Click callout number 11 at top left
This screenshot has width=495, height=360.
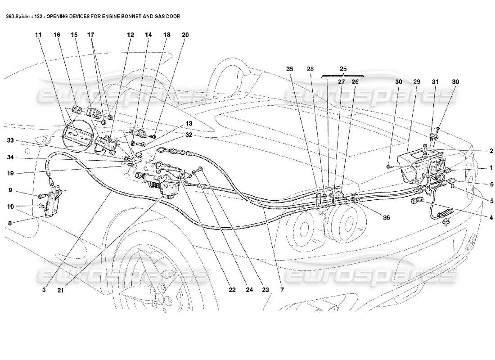coord(39,35)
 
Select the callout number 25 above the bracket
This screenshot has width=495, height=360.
coord(343,69)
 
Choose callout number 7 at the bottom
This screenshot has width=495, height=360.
coord(283,290)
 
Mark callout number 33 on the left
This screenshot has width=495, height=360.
coord(9,141)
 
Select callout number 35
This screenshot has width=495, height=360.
coord(289,69)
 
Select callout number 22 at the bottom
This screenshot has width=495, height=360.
coord(232,290)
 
